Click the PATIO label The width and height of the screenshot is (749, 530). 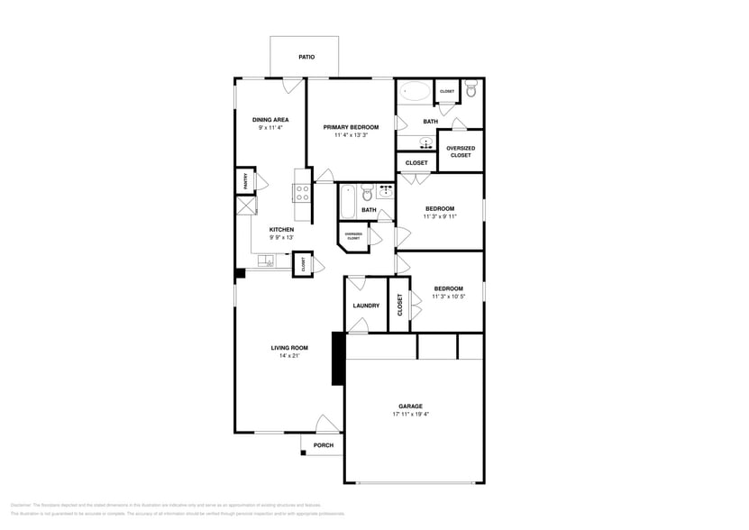[x=306, y=57]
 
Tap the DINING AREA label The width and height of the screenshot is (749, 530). [x=270, y=119]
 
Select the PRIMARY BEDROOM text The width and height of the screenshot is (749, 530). [x=351, y=127]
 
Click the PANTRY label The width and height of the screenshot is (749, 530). [x=245, y=181]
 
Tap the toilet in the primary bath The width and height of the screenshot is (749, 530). [x=470, y=89]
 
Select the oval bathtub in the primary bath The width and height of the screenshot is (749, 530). [x=416, y=91]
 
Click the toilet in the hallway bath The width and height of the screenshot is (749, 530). [x=367, y=193]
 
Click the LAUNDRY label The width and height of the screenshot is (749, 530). [x=366, y=306]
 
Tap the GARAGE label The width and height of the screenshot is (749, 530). [x=411, y=406]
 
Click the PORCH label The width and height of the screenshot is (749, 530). [x=324, y=445]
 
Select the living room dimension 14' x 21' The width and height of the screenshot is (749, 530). [x=289, y=356]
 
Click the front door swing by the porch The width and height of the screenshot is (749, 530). [x=326, y=424]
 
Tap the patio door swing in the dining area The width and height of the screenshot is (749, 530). [x=291, y=86]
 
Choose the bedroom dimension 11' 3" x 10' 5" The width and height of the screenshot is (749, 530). [x=449, y=297]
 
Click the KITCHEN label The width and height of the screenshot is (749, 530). [x=282, y=229]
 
